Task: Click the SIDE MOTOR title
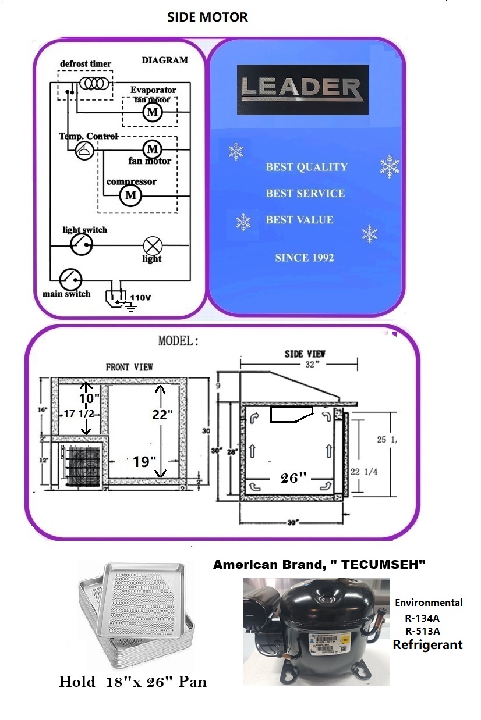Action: [x=207, y=17]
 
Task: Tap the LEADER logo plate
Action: [x=302, y=89]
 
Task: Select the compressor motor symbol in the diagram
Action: [x=130, y=195]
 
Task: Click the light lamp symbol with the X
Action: [x=153, y=245]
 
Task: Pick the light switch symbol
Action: [x=81, y=244]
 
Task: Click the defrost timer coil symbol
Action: [x=94, y=83]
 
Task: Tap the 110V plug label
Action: [x=140, y=297]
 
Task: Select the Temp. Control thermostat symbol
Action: [x=84, y=151]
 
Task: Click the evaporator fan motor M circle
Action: [x=153, y=112]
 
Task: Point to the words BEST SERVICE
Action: [x=305, y=193]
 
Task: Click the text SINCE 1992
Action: [x=305, y=257]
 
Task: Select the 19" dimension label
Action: [x=144, y=462]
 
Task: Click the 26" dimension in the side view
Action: [x=293, y=477]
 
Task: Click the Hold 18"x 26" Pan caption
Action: [x=133, y=681]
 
